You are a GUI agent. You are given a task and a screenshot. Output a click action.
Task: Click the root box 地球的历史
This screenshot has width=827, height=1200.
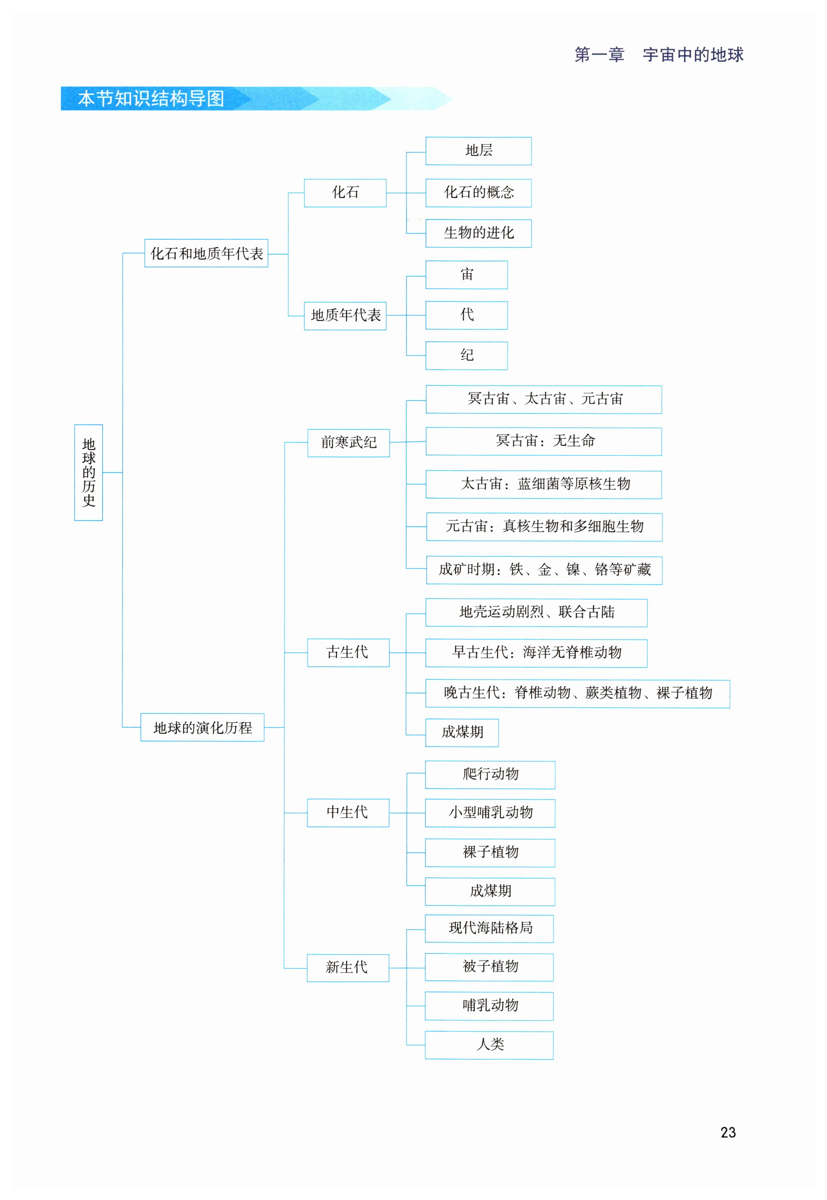coord(88,472)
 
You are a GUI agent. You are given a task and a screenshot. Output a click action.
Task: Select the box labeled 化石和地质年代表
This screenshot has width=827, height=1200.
coord(206,253)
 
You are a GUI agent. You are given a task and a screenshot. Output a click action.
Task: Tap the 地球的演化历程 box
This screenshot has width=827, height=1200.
coord(202,727)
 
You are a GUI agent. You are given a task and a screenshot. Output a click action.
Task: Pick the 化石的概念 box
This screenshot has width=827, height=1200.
coord(478,193)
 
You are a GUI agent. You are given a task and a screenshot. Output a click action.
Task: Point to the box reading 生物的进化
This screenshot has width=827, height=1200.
coord(478,233)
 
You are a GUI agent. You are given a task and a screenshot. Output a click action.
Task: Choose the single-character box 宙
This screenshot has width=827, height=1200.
coord(466,275)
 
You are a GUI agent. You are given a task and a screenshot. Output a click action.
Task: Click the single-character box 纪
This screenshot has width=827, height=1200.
coord(466,355)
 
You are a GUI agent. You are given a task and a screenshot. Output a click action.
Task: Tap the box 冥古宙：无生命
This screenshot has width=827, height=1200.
coord(544,441)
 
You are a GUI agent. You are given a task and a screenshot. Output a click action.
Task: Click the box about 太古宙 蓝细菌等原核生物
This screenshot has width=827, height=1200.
coord(544,484)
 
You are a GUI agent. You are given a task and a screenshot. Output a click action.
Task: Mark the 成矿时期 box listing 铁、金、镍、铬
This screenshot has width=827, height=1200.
coord(544,570)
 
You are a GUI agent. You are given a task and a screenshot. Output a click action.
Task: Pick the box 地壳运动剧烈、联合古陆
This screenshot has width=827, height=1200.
coord(536,613)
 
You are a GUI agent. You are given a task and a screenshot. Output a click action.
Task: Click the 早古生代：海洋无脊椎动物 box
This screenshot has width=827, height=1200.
coord(536,653)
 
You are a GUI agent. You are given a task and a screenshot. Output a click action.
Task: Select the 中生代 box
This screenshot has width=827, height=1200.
coord(348,813)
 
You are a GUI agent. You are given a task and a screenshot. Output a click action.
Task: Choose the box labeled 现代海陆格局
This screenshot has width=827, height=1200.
coord(489,928)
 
